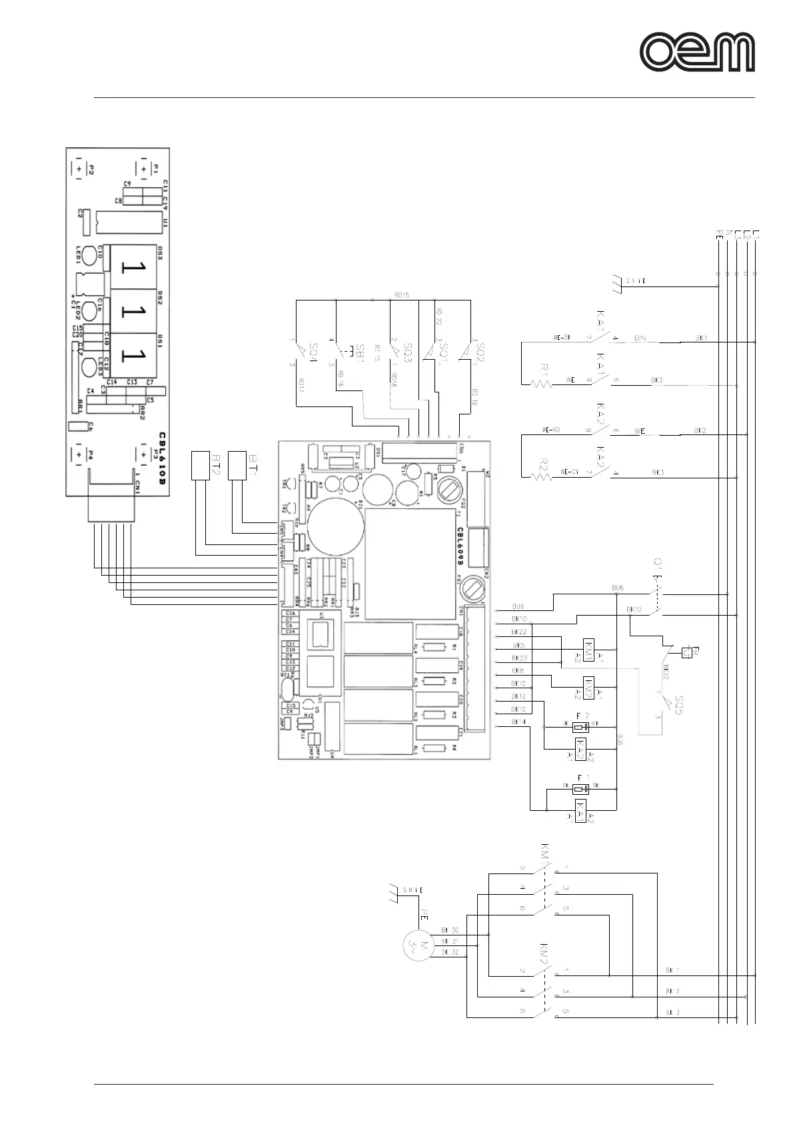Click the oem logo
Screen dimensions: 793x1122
point(698,53)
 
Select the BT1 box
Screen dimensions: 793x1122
point(237,465)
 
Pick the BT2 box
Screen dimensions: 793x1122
point(201,465)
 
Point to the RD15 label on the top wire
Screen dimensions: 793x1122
point(401,294)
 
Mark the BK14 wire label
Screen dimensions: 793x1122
point(518,722)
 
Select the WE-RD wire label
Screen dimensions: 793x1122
point(551,430)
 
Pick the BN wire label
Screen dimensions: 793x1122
point(640,338)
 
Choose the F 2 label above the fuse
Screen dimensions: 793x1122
point(582,716)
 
